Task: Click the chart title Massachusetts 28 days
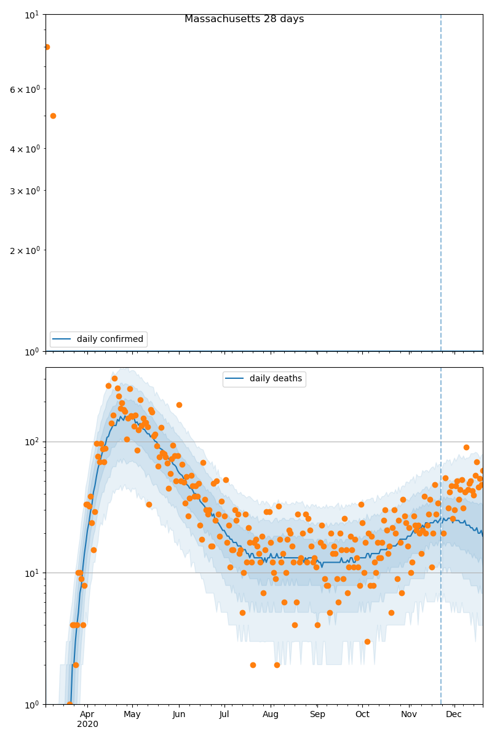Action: (244, 19)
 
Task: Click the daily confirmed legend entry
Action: (98, 339)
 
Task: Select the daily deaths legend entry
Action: (264, 379)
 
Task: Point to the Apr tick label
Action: (87, 714)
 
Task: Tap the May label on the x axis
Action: (132, 714)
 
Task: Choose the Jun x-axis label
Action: (179, 714)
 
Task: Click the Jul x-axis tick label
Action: (224, 714)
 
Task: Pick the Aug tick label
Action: (271, 714)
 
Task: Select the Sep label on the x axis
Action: (317, 714)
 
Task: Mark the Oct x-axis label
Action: (362, 714)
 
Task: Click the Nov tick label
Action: (409, 714)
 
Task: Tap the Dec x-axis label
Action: (454, 714)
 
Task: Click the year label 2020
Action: (87, 724)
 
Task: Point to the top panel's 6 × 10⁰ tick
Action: (25, 89)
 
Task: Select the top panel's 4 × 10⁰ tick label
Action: (25, 149)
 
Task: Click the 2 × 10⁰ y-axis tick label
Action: (25, 250)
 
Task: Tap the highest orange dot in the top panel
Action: (47, 47)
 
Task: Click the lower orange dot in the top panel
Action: (53, 116)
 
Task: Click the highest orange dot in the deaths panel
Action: (114, 378)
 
